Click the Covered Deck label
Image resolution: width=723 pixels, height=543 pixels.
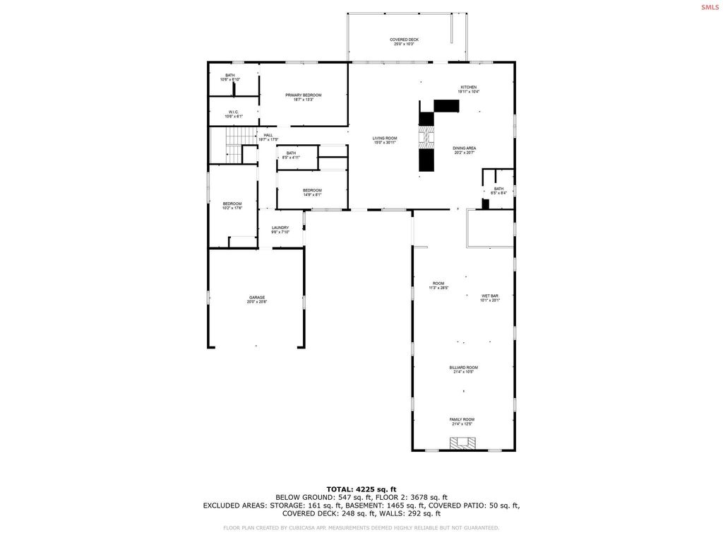(x=405, y=42)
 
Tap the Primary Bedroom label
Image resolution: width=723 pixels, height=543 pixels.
(x=303, y=97)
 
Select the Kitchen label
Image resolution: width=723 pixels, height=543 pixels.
(x=468, y=89)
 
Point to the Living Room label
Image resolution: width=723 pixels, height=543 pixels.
(x=385, y=140)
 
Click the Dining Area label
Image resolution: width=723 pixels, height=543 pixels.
(x=464, y=150)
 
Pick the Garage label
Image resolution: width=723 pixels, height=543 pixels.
(x=256, y=299)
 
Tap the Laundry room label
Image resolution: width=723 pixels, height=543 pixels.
(x=280, y=230)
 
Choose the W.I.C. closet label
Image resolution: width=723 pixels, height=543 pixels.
(x=233, y=114)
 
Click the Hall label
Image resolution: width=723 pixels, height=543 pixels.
(x=268, y=136)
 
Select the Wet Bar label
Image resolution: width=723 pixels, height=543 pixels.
(x=490, y=298)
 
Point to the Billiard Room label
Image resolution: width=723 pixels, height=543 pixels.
(x=463, y=369)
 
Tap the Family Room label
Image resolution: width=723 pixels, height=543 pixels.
(x=462, y=421)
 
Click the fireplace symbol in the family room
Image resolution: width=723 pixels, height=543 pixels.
(x=463, y=444)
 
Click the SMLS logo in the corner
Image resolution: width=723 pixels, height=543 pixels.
(x=709, y=7)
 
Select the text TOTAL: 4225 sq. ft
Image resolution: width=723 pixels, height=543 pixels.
(x=361, y=489)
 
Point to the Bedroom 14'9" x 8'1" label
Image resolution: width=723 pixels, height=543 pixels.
(x=312, y=192)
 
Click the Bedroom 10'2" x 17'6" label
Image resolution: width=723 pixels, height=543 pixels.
(x=232, y=206)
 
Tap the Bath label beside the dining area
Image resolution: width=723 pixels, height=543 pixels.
(x=498, y=190)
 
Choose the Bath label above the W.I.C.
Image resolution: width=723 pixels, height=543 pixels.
(x=230, y=77)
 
